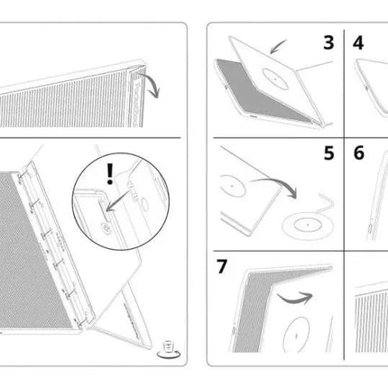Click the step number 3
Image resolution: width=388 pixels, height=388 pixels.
(328, 42)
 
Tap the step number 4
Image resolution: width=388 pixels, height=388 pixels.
(358, 42)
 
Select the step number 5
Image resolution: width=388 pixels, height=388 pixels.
(328, 152)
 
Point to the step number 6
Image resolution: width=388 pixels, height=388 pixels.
(359, 152)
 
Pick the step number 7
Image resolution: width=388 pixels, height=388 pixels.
(222, 266)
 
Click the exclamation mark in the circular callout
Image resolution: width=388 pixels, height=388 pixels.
(110, 174)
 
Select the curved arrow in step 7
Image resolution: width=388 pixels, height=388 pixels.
(295, 298)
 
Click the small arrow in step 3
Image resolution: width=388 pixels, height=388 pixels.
(277, 48)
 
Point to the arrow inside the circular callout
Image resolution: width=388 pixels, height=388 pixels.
(118, 200)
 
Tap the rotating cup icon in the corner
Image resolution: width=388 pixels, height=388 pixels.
(169, 350)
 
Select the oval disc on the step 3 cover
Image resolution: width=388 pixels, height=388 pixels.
(275, 79)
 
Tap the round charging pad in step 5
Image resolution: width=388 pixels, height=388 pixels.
(308, 226)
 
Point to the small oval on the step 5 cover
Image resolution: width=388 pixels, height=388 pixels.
(233, 186)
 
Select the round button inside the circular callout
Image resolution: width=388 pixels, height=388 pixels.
(106, 227)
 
